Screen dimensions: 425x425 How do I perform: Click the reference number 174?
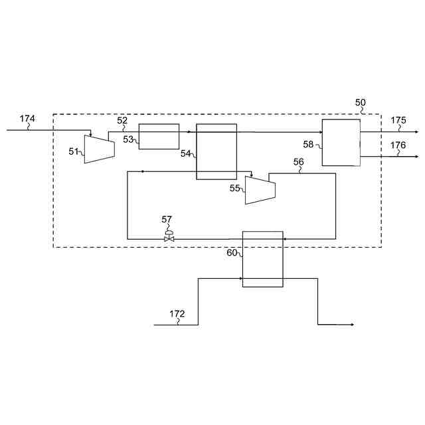(x=27, y=119)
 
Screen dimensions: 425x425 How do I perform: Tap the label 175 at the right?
(x=398, y=120)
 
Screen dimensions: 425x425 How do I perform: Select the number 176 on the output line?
(x=398, y=145)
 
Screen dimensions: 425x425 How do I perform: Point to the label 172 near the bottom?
(x=177, y=314)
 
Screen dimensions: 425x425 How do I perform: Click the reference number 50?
(x=360, y=103)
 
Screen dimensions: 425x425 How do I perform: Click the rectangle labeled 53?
(x=159, y=136)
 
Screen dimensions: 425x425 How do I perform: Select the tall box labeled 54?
(x=216, y=151)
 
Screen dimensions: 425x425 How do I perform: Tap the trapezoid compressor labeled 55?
(x=260, y=190)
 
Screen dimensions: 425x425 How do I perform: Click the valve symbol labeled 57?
(x=169, y=237)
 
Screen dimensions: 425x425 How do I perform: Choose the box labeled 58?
(x=341, y=143)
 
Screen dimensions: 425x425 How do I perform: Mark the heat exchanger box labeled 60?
(x=262, y=259)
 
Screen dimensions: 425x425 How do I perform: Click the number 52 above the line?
(x=122, y=120)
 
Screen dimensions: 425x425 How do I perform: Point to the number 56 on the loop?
(x=299, y=162)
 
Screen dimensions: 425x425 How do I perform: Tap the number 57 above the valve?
(x=167, y=219)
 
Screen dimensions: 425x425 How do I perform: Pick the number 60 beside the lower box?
(x=232, y=253)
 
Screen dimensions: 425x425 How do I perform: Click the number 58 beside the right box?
(x=308, y=144)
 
